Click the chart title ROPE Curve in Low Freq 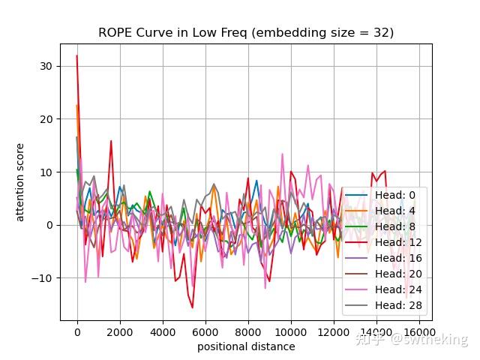tap(246, 33)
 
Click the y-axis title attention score tap(21, 182)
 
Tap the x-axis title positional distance tap(246, 346)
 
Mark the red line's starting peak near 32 tap(76, 56)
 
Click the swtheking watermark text tap(435, 340)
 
